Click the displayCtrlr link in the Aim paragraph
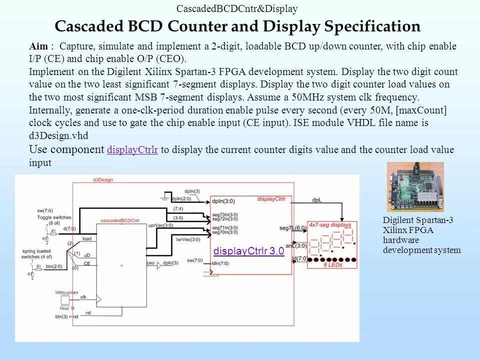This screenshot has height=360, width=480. click(132, 150)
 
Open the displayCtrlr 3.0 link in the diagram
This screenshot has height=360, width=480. click(248, 251)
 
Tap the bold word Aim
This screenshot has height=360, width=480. click(39, 46)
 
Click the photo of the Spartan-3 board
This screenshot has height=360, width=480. click(415, 186)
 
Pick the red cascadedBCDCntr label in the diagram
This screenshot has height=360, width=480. click(120, 220)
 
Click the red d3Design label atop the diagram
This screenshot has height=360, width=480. click(103, 179)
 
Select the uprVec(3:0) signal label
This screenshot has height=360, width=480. click(160, 225)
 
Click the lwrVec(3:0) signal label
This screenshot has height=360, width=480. click(188, 240)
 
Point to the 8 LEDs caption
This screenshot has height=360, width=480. click(332, 265)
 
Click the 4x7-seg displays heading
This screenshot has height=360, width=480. click(330, 224)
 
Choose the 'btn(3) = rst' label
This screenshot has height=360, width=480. click(67, 316)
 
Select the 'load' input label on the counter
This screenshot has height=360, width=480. click(87, 239)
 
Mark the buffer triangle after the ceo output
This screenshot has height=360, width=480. click(160, 265)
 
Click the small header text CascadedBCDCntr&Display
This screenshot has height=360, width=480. click(237, 8)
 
